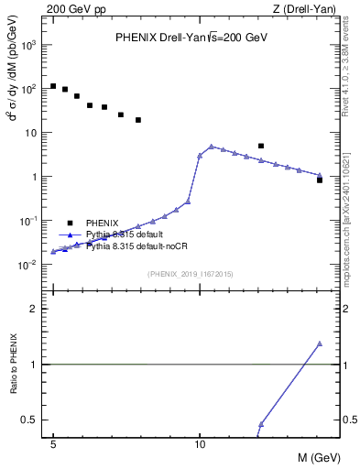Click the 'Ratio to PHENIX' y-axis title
[13, 365]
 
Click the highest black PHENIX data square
[53, 86]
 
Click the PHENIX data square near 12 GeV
[261, 146]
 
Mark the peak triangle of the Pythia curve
[212, 147]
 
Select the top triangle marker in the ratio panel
[320, 344]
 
